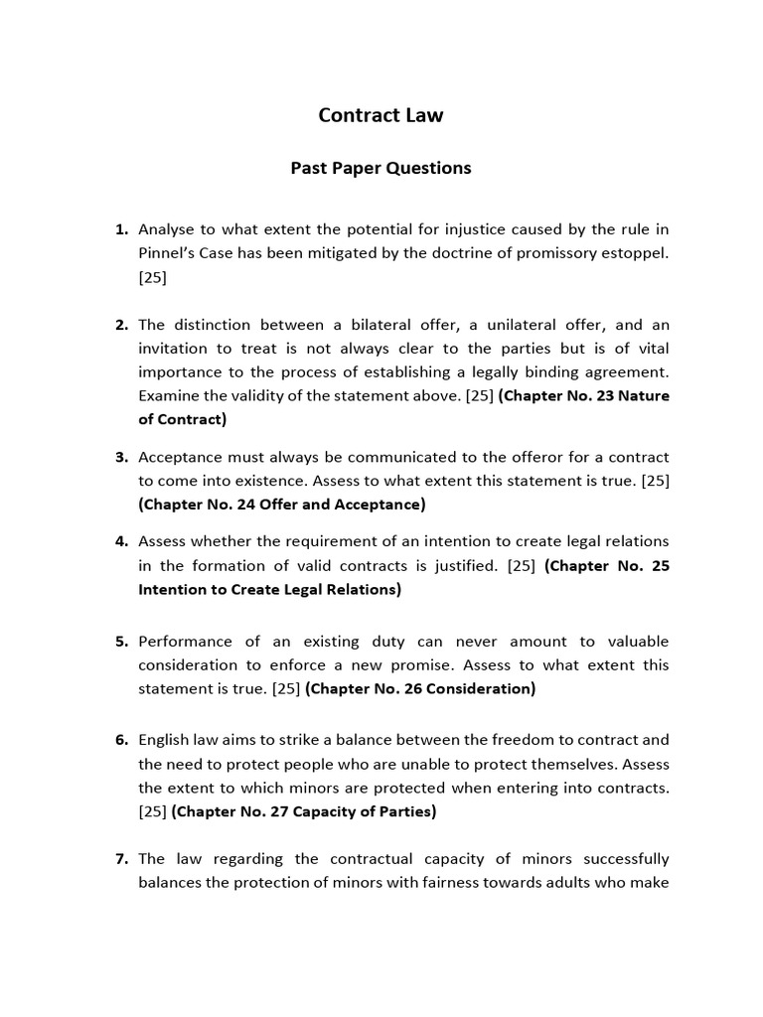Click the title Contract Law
[x=381, y=115]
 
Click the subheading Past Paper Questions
[x=381, y=168]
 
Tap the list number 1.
[x=121, y=229]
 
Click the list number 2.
[x=121, y=325]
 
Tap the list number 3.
[x=121, y=457]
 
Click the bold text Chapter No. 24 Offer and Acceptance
[x=282, y=505]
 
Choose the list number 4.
[x=121, y=541]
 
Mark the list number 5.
[x=121, y=641]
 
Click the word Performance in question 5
[x=185, y=641]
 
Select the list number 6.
[x=121, y=740]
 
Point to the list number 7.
[x=121, y=858]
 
